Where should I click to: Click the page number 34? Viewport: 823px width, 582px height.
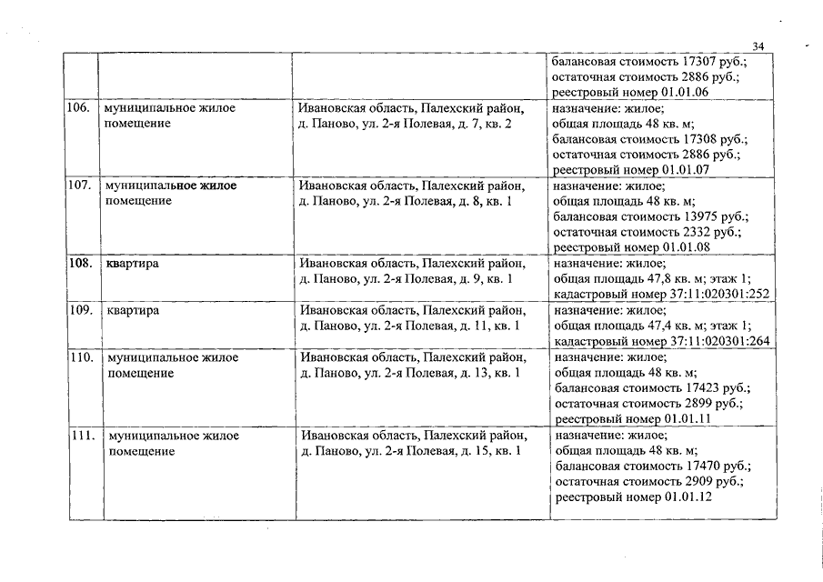[x=759, y=45]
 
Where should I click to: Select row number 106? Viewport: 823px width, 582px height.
[x=80, y=107]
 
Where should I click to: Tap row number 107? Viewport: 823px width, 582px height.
[x=80, y=185]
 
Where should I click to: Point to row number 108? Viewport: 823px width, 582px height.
[x=80, y=264]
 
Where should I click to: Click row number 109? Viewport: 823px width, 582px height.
[x=80, y=310]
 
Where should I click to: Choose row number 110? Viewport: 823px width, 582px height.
[x=81, y=357]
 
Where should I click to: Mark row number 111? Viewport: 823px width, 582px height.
[x=82, y=435]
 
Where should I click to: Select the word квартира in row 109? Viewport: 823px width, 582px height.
[x=133, y=310]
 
